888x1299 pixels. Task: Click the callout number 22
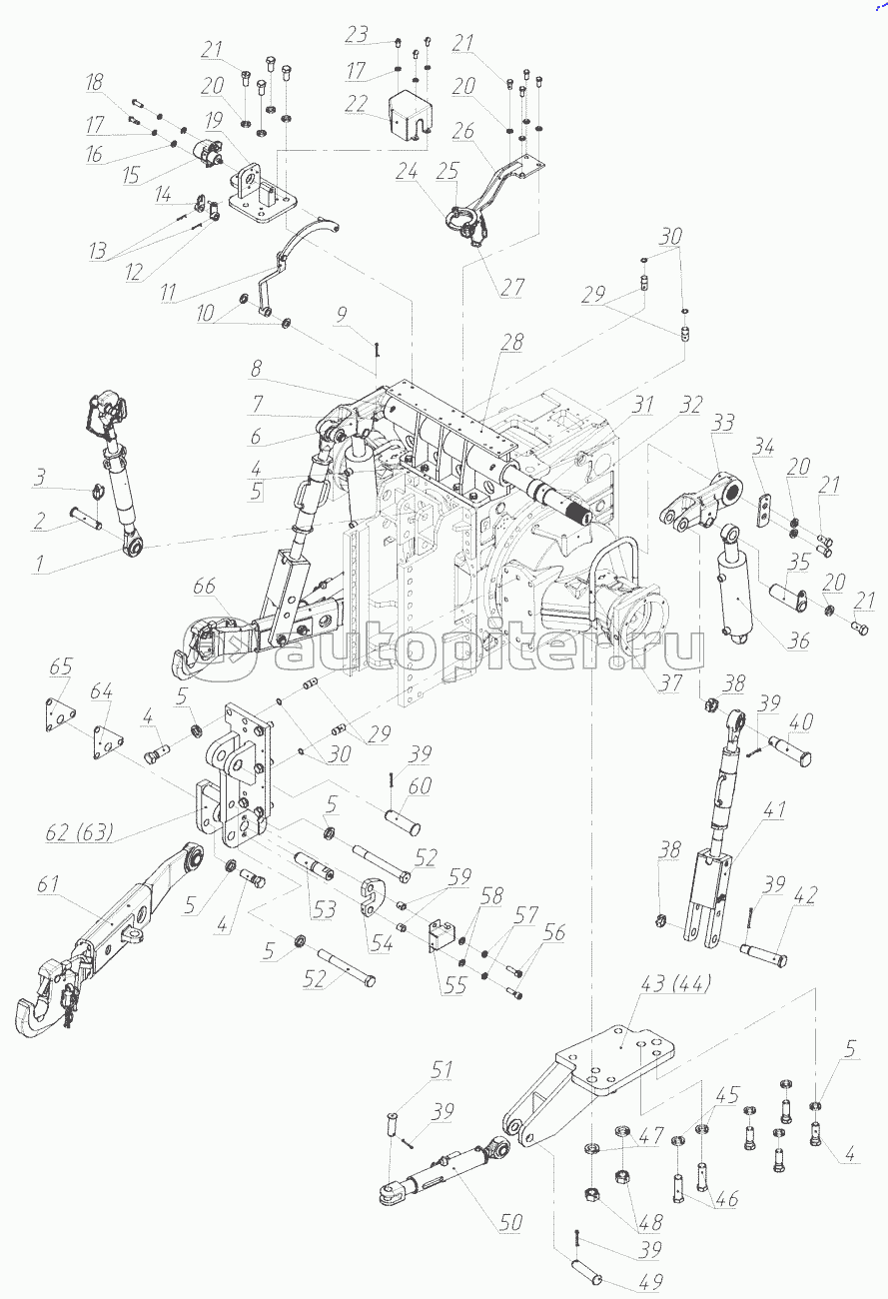click(x=357, y=104)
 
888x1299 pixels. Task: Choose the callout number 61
click(x=48, y=883)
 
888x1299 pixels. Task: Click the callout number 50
click(x=509, y=1222)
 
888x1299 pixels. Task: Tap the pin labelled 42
click(x=763, y=956)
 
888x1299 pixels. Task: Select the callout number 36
click(x=798, y=641)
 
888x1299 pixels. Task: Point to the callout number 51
click(x=443, y=1070)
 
